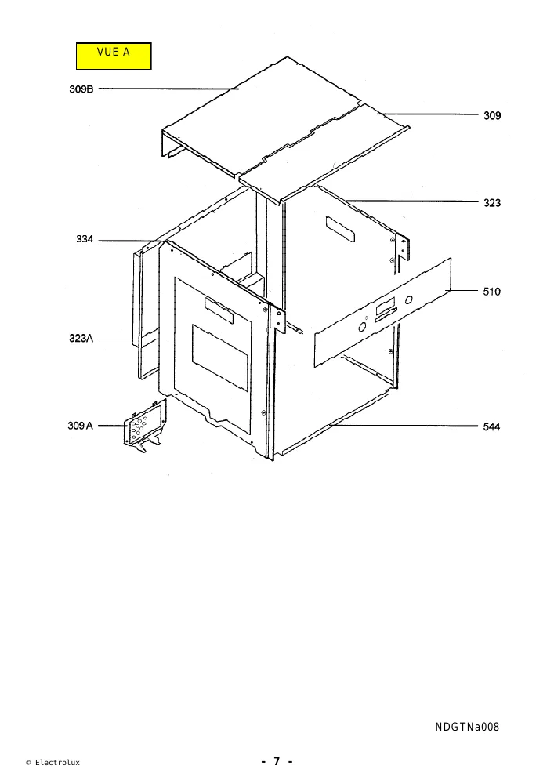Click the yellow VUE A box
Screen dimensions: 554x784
coord(114,56)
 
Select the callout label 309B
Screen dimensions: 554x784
coord(81,89)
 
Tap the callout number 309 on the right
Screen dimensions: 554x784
coord(491,115)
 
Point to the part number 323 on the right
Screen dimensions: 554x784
coord(491,203)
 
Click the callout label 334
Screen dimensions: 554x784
coord(85,239)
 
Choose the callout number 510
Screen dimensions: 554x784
coord(491,292)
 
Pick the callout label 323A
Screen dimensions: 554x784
coord(81,339)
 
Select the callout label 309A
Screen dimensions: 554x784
coord(81,426)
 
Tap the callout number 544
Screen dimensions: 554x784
coord(491,427)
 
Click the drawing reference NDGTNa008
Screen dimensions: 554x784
coord(467,727)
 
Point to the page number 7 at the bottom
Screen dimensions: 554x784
coord(277,761)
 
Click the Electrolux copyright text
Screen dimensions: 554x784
coord(53,763)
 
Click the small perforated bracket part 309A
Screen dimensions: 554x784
coord(145,426)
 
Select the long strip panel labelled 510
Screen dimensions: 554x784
coord(382,313)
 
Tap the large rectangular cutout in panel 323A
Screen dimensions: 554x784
coord(220,358)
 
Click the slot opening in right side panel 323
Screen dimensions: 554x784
coord(340,229)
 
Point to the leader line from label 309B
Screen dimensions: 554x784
coord(168,89)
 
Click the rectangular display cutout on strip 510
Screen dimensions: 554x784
coord(386,304)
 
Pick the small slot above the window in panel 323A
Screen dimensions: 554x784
coord(219,310)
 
